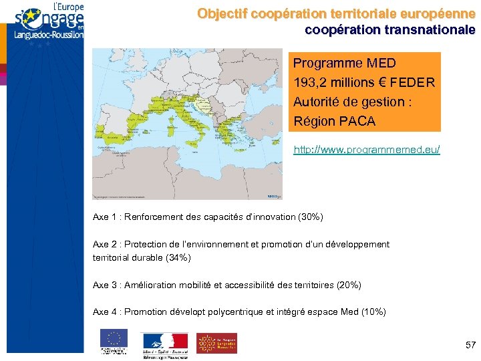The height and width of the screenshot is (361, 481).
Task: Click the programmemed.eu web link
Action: pos(367,150)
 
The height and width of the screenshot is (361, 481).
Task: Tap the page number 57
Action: pos(470,345)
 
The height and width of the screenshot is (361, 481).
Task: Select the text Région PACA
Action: pos(334,122)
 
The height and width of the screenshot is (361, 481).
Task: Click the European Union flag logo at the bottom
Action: pos(114,339)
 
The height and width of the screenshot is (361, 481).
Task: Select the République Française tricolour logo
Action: pos(165,341)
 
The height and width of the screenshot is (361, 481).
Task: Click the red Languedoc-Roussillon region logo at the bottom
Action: pos(216,342)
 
